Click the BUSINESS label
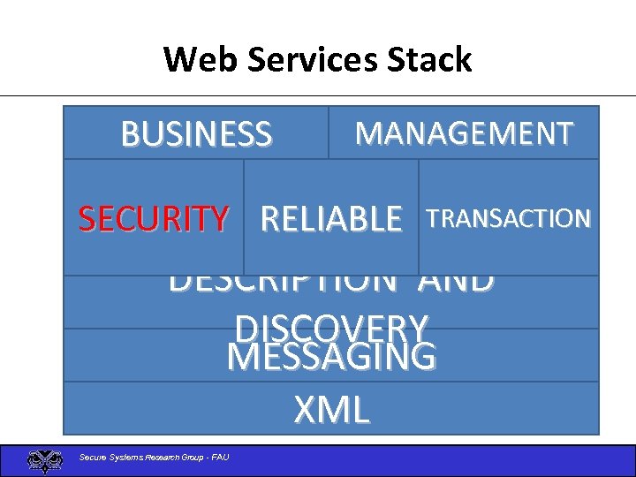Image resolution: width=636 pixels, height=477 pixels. [x=196, y=134]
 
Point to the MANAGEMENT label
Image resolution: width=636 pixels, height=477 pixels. [x=464, y=133]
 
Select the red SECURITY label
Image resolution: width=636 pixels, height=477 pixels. [x=154, y=218]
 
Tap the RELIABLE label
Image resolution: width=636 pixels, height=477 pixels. [x=331, y=218]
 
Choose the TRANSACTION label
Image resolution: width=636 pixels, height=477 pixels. [x=509, y=217]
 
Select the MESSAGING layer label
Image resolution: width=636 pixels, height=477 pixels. [x=331, y=358]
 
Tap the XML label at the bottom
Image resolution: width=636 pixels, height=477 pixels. [x=331, y=410]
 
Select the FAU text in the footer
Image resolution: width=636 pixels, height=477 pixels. [x=219, y=457]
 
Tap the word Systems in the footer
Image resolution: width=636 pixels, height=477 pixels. [x=125, y=457]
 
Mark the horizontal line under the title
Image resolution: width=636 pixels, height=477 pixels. [x=318, y=95]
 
